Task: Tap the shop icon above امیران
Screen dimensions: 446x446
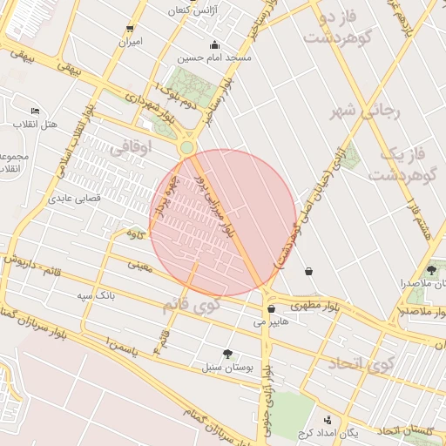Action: click(x=131, y=29)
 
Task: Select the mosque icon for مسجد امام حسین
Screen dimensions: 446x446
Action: click(x=214, y=45)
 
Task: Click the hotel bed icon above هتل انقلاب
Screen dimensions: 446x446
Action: click(x=35, y=111)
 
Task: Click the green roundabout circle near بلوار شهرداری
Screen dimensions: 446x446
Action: click(x=186, y=148)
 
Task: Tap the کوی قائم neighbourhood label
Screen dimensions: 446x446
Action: click(x=191, y=306)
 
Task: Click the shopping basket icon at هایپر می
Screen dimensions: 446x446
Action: click(x=272, y=308)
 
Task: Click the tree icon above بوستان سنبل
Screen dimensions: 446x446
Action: click(x=228, y=354)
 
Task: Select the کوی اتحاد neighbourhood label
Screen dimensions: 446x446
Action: click(x=361, y=362)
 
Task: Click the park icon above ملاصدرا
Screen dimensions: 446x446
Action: click(x=432, y=270)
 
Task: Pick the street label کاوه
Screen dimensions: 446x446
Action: click(x=133, y=233)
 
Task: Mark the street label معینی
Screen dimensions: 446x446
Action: click(x=139, y=264)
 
